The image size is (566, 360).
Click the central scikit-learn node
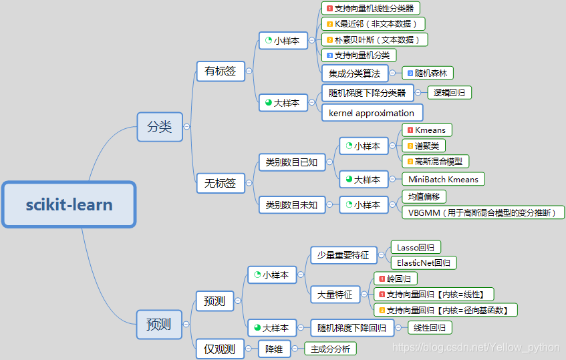(69, 204)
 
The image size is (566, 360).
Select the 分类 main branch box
(159, 126)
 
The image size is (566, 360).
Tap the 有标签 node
(220, 71)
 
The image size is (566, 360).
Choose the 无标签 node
(220, 183)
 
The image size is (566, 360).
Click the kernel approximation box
(372, 113)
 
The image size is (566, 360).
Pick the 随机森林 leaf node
(428, 73)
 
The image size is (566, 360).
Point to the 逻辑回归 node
(449, 93)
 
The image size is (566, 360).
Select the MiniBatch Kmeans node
(443, 179)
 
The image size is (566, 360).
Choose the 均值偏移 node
(424, 196)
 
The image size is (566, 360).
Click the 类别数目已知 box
(291, 162)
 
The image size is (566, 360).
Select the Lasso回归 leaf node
(414, 247)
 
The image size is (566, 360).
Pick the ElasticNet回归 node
(422, 262)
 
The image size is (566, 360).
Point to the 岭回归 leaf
(396, 279)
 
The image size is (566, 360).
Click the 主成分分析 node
(330, 349)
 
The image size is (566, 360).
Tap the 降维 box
(274, 349)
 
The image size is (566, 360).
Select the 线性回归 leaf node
(430, 328)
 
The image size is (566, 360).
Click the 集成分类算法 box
(353, 73)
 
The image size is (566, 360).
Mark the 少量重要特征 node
(343, 255)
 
